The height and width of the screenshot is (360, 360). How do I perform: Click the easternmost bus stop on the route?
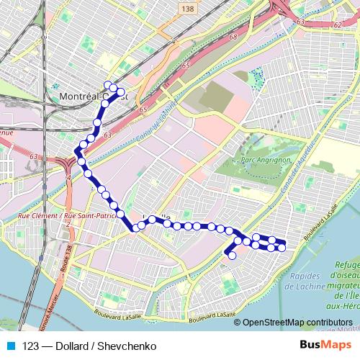pos(282,248)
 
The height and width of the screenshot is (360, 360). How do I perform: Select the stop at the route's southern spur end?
pos(232,255)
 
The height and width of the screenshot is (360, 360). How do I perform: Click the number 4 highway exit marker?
pos(68,177)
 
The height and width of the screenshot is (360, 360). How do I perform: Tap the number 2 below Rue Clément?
pos(68,225)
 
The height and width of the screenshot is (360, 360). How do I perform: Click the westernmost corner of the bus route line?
pos(75,153)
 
